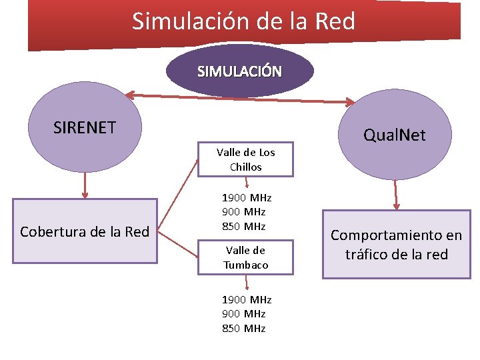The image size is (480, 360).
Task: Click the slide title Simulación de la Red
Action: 243,21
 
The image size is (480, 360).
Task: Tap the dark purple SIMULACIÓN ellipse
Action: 239,71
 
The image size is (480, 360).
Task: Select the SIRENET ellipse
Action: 85,127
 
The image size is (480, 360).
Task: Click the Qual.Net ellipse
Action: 394,136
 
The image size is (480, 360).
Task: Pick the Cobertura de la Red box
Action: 85,231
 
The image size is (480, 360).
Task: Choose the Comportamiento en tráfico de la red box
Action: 396,245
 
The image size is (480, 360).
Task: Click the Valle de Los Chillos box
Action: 245,160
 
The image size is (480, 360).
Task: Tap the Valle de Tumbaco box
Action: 245,257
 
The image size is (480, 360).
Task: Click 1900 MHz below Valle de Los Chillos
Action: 246,197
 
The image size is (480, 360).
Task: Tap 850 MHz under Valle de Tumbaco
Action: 244,329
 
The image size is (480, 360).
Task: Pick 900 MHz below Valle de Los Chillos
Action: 244,212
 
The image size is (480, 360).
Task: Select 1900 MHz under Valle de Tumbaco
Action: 246,300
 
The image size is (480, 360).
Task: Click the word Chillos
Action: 245,167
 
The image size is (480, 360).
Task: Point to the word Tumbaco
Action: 246,265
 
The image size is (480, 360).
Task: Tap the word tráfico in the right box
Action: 368,254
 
